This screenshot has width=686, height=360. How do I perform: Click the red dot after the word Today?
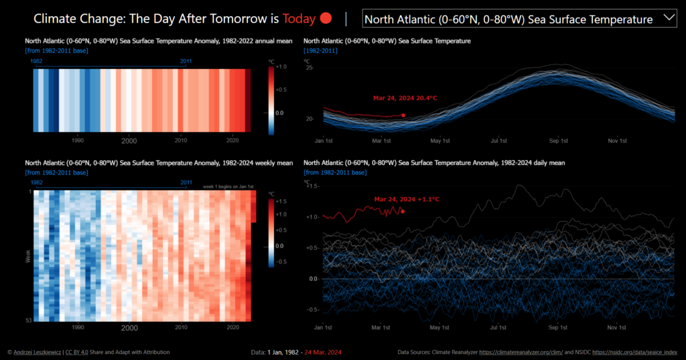(x=326, y=19)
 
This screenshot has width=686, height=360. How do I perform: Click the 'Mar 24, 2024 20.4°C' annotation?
(x=405, y=99)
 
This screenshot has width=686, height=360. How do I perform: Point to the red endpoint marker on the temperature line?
(x=403, y=115)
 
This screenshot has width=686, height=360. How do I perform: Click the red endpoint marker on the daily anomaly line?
(x=403, y=211)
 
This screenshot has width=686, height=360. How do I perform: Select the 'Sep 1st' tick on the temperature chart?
(x=559, y=141)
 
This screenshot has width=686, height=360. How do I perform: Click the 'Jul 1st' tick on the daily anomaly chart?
(x=498, y=328)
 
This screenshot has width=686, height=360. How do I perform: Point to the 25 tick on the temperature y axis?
(x=309, y=68)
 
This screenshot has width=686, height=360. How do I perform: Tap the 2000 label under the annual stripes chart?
(x=129, y=141)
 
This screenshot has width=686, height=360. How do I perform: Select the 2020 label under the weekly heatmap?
(x=232, y=328)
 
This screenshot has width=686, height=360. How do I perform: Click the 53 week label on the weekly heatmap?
(x=29, y=320)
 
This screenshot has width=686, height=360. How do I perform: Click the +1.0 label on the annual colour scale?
(x=281, y=67)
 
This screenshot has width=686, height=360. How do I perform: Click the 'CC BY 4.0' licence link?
(x=79, y=352)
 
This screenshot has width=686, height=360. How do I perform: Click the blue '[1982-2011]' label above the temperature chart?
(x=320, y=51)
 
